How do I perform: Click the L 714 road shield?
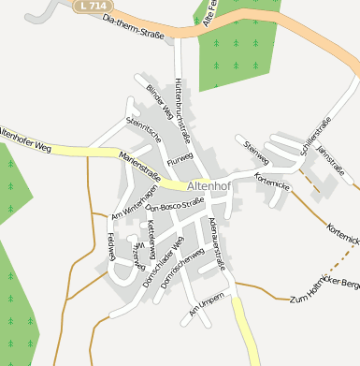tap(92, 7)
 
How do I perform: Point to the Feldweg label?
tap(110, 245)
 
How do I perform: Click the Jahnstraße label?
tap(331, 159)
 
